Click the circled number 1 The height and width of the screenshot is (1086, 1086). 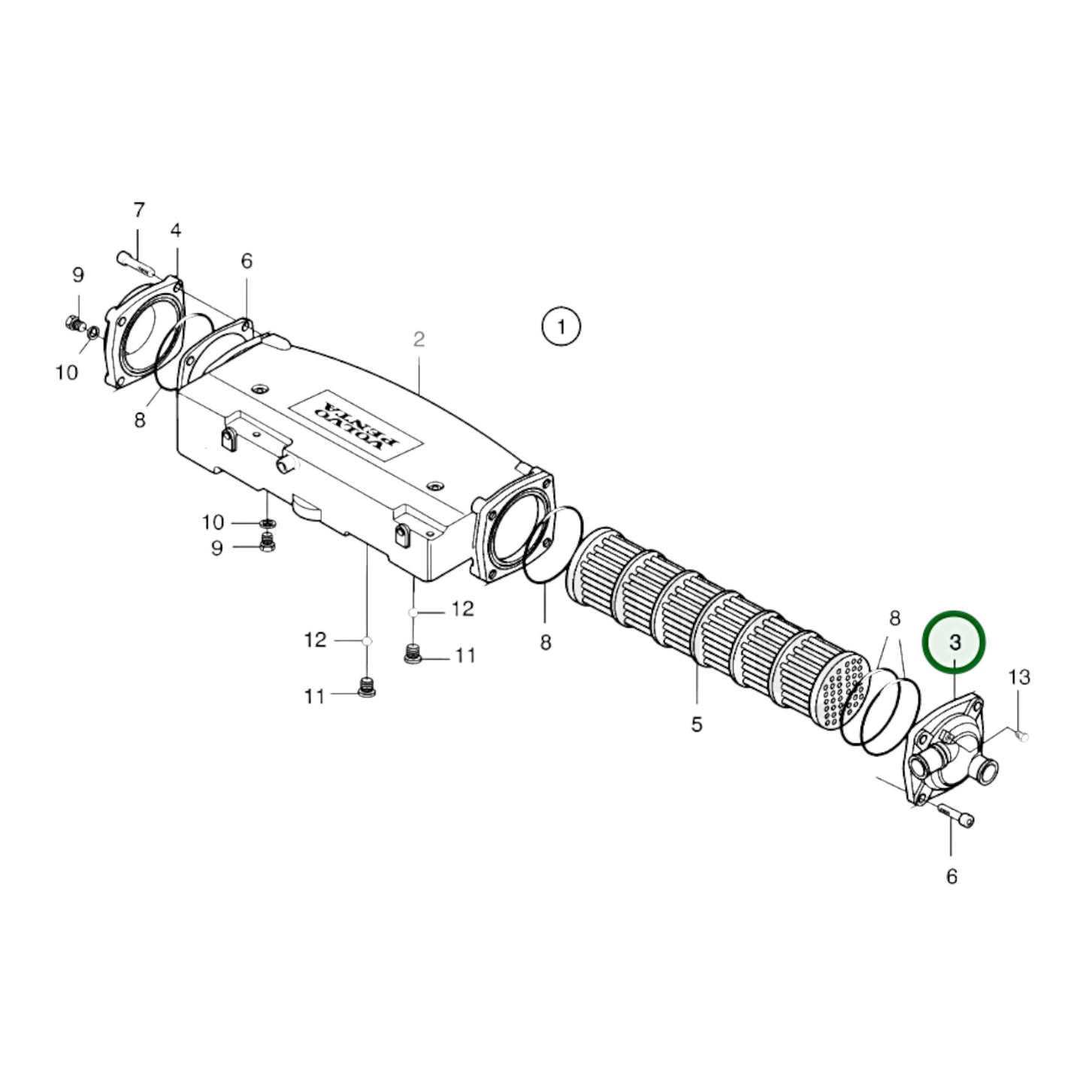pyautogui.click(x=561, y=327)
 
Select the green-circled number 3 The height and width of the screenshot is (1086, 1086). pyautogui.click(x=954, y=642)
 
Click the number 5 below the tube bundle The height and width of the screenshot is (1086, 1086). pyautogui.click(x=697, y=725)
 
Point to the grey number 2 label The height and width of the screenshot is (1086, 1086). pyautogui.click(x=419, y=339)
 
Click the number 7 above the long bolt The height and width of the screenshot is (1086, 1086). pyautogui.click(x=138, y=210)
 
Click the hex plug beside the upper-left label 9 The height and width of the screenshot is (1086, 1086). pyautogui.click(x=74, y=325)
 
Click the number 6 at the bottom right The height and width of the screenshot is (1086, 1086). pyautogui.click(x=951, y=876)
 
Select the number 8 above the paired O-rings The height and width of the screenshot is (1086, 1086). pyautogui.click(x=894, y=619)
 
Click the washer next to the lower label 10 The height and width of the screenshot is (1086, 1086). pyautogui.click(x=266, y=522)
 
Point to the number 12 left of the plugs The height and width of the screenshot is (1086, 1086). pyautogui.click(x=315, y=640)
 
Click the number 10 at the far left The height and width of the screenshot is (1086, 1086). pyautogui.click(x=67, y=372)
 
